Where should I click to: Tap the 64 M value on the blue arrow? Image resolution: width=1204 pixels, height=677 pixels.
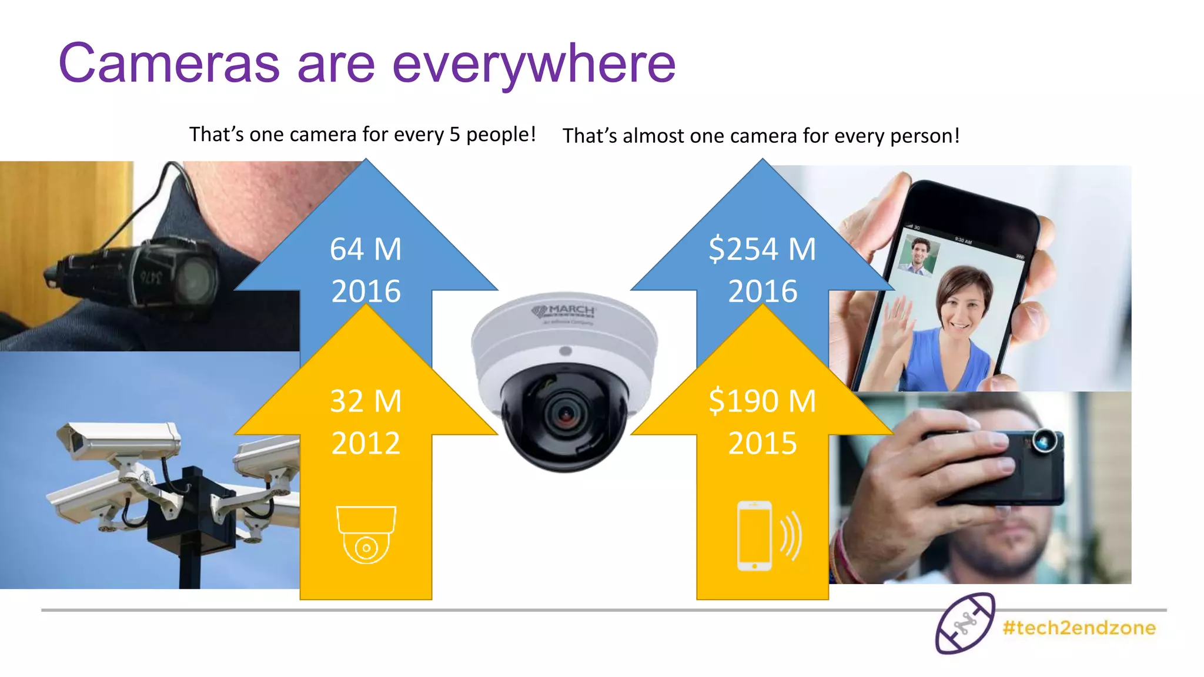366,249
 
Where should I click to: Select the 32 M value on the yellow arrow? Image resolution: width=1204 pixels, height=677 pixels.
366,401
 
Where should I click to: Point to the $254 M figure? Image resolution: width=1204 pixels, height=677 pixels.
762,249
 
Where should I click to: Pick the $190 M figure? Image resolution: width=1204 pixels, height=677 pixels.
762,401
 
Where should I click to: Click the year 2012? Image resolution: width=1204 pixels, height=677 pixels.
366,443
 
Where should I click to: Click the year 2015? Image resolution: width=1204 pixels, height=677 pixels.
762,443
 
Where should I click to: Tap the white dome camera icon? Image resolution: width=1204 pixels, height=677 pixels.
366,534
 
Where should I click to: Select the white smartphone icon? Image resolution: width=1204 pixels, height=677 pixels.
755,535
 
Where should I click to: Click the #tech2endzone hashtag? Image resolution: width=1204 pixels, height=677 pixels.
1079,628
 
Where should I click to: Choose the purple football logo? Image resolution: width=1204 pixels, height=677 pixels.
965,624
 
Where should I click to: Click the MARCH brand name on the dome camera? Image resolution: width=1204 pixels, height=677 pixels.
571,310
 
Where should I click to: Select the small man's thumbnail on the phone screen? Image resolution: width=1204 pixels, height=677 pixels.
918,254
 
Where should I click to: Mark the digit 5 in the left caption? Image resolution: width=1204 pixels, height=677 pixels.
454,135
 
